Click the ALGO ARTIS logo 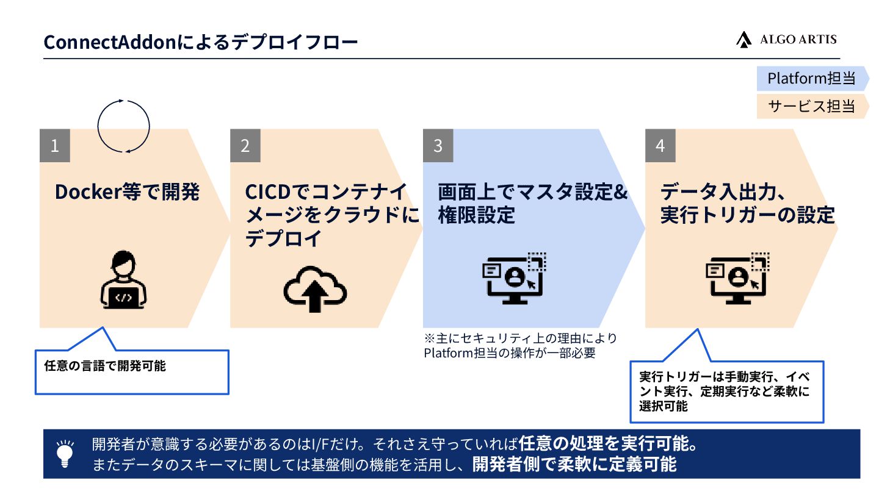coord(786,40)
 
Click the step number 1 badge coord(55,146)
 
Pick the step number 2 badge coord(245,146)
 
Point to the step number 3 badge coord(438,146)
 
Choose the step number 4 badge coord(660,146)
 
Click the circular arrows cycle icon coord(123,126)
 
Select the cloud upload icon coord(315,288)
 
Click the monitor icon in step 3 coord(514,278)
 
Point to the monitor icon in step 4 coord(737,278)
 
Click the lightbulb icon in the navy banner coord(65,454)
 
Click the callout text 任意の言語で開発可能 coord(105,366)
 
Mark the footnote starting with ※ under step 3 coord(520,345)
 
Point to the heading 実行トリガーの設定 coord(747,215)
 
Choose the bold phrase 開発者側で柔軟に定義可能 coord(574,465)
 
